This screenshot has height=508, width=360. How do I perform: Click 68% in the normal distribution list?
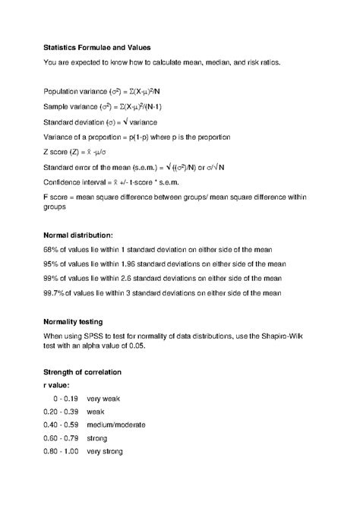point(52,250)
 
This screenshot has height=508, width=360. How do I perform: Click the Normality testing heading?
point(78,321)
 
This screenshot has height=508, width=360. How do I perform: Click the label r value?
point(59,385)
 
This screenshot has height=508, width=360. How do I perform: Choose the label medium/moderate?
point(115,424)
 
